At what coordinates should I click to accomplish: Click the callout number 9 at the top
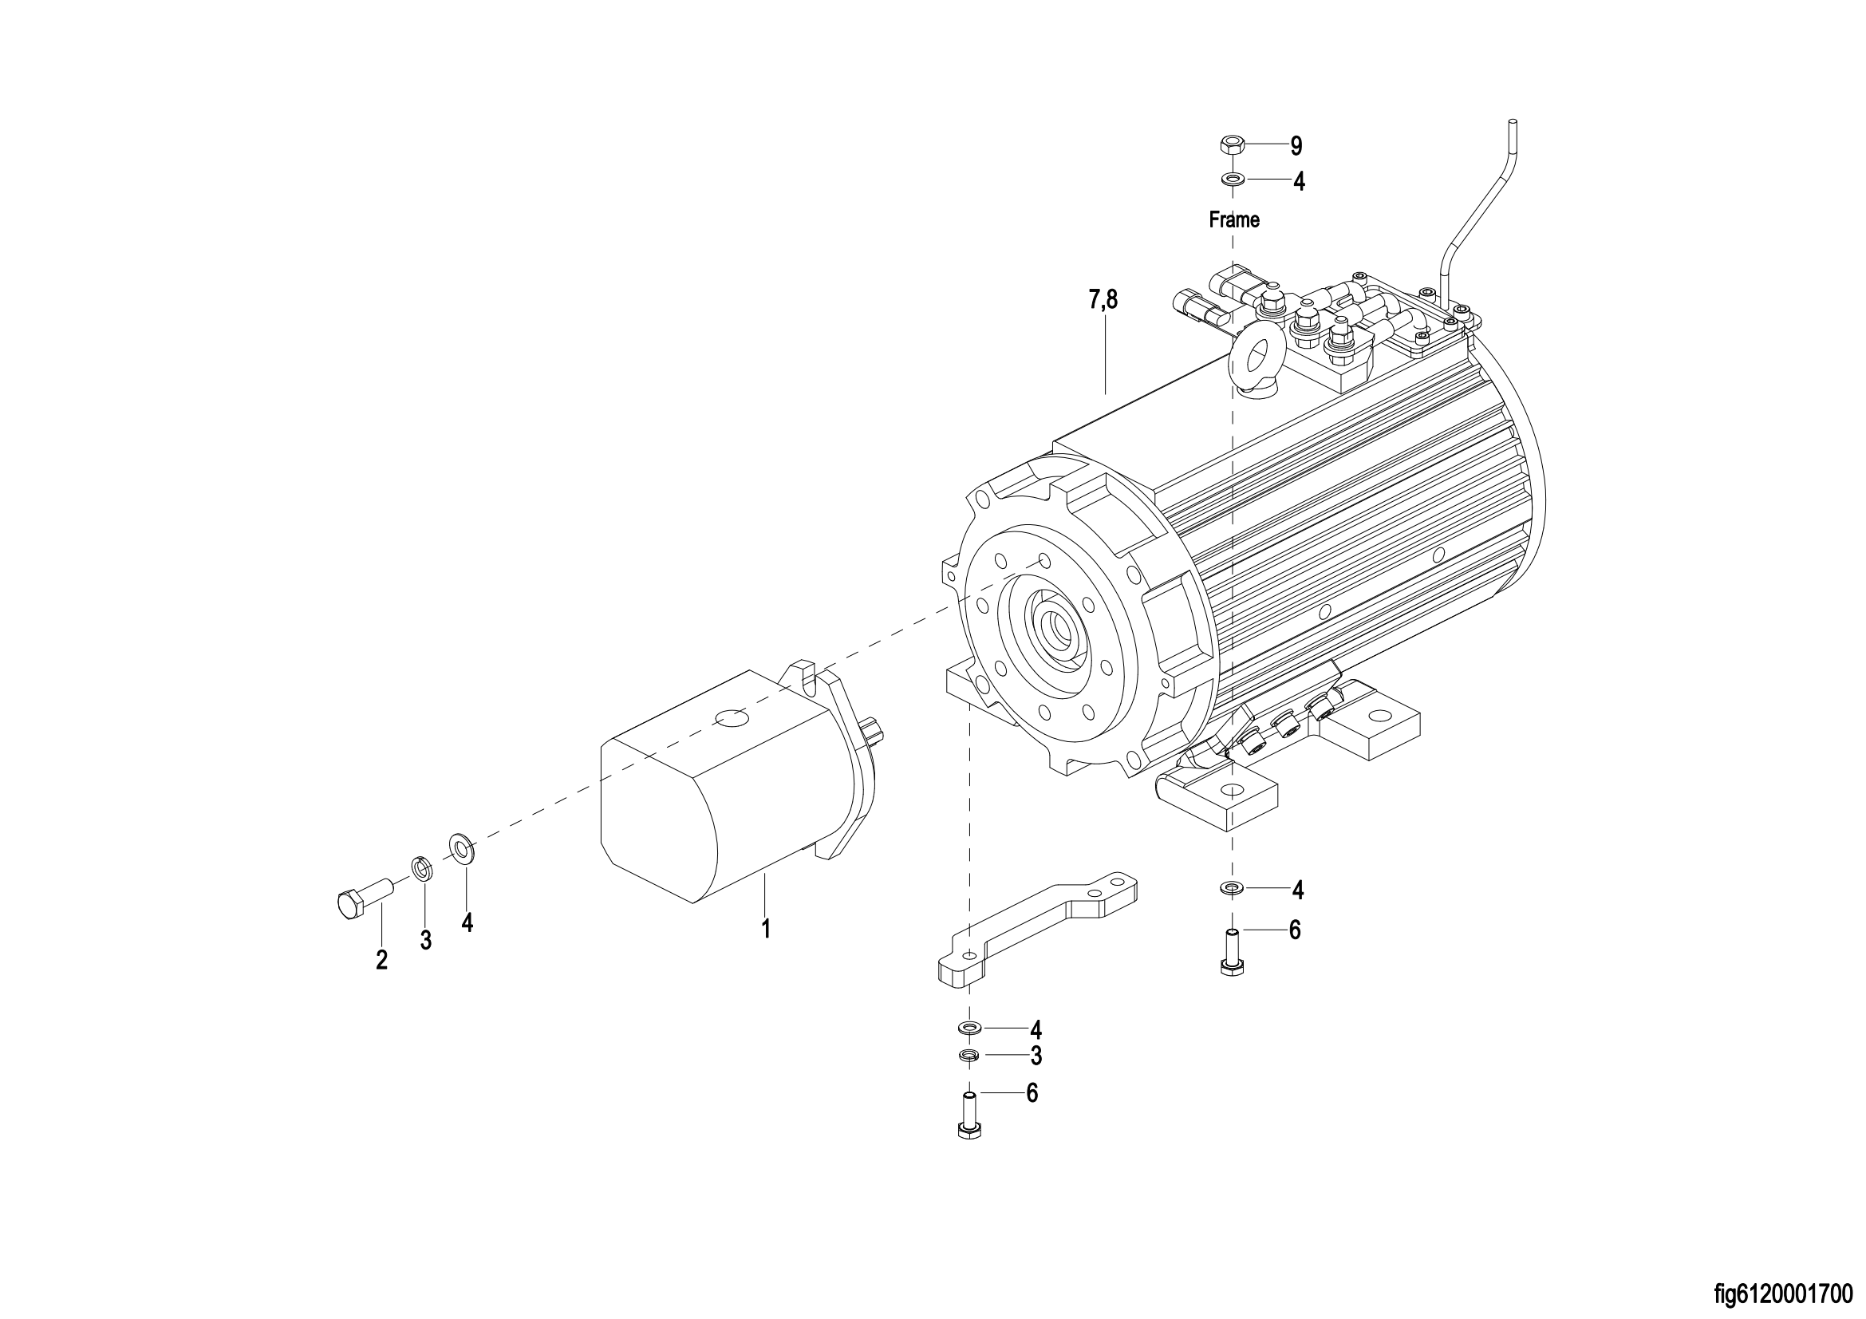(x=1296, y=146)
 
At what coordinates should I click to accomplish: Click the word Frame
(x=1233, y=219)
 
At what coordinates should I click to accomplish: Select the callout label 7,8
(x=1103, y=300)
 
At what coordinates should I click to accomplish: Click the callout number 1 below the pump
(x=766, y=929)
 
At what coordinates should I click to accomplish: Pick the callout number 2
(x=382, y=960)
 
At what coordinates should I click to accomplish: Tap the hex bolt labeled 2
(x=364, y=899)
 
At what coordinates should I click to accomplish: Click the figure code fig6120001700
(x=1788, y=1293)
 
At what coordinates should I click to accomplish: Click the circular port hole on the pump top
(x=729, y=718)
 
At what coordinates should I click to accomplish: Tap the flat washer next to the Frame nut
(x=1232, y=180)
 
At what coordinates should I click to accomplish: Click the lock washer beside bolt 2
(x=422, y=868)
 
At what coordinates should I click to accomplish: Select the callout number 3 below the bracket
(x=1036, y=1056)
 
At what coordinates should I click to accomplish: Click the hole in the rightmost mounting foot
(x=1379, y=716)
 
